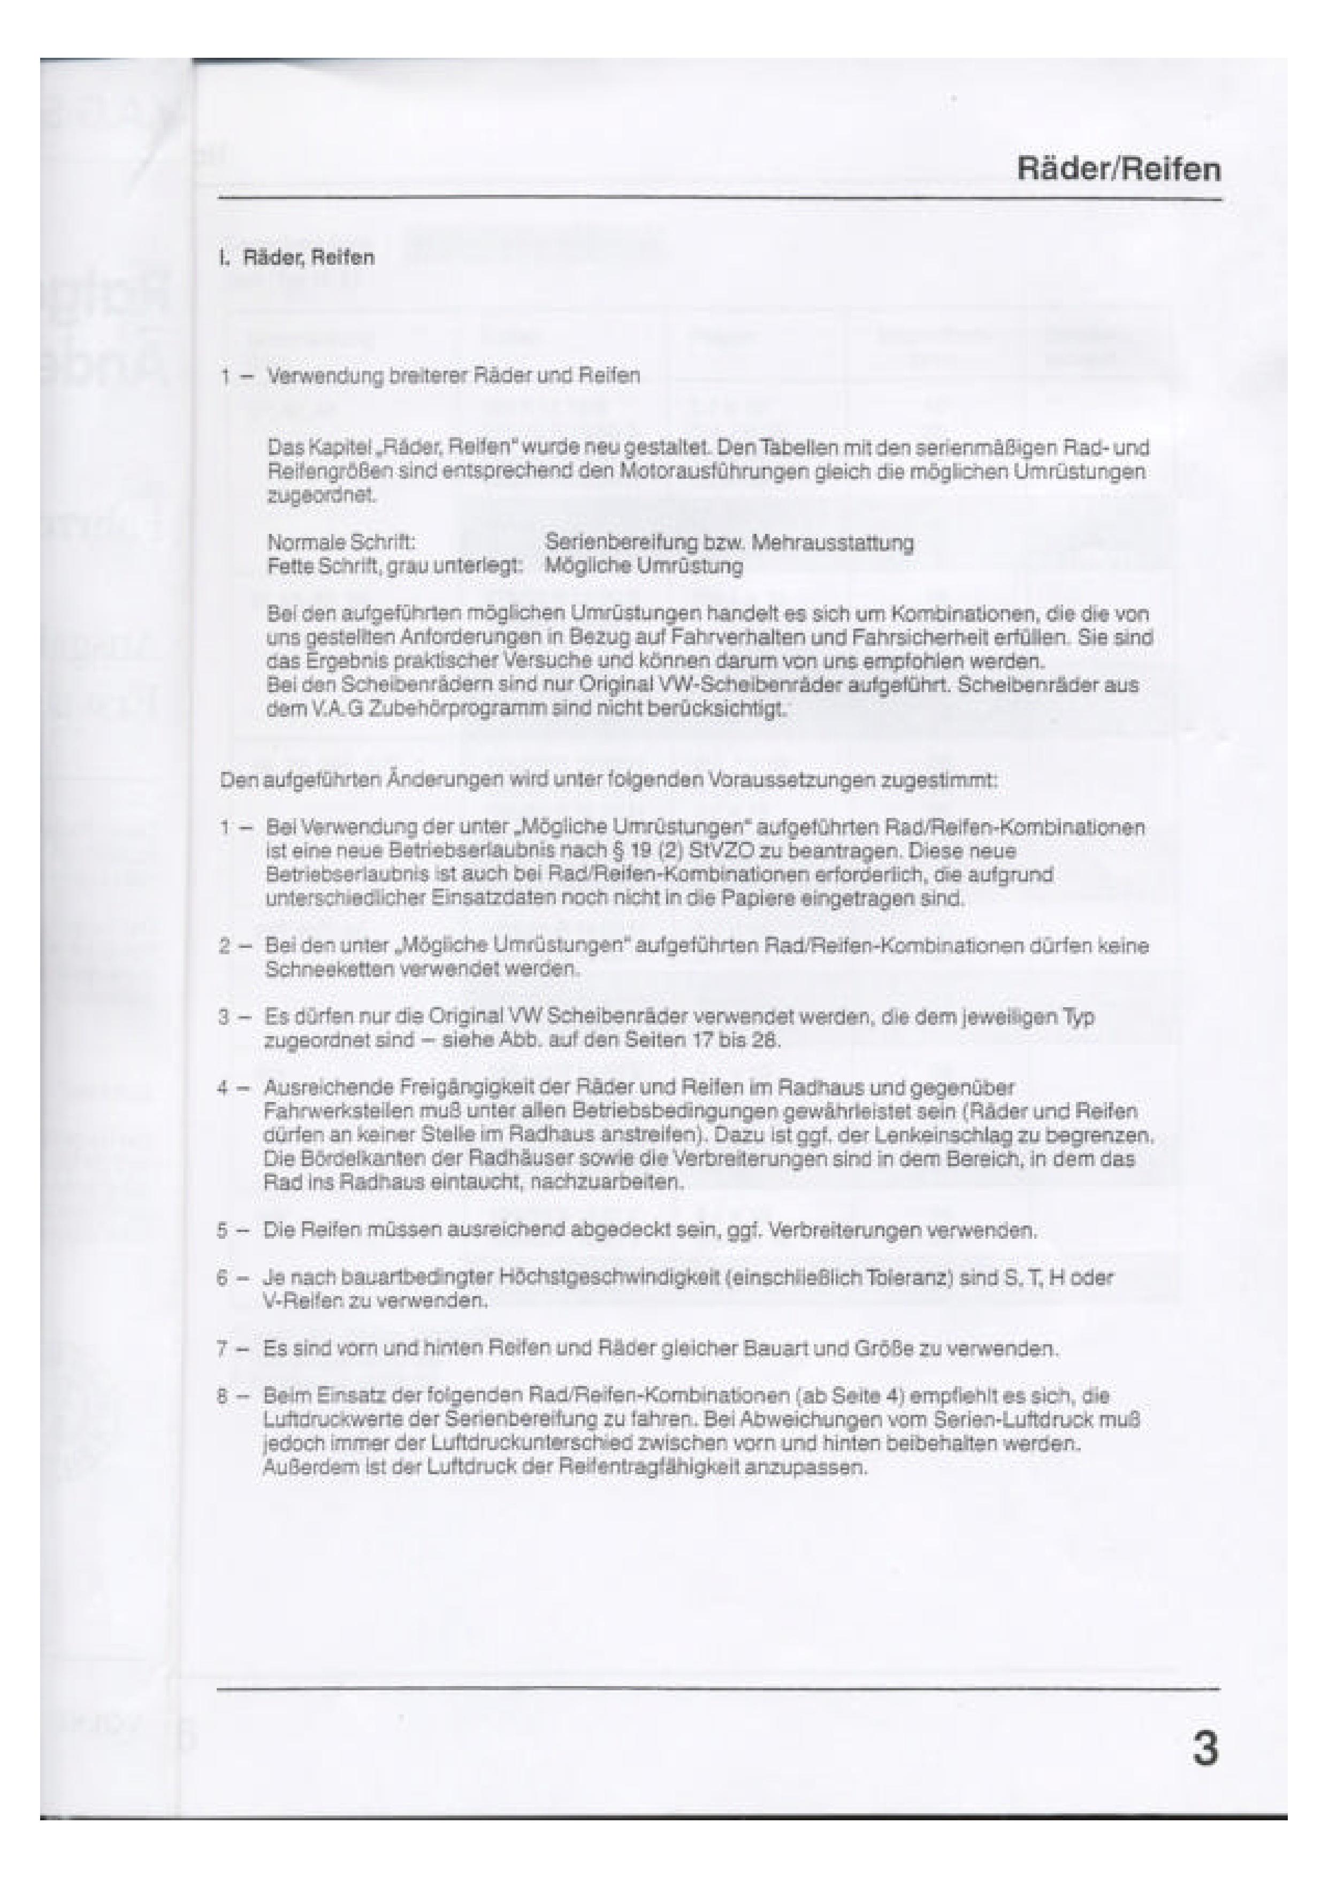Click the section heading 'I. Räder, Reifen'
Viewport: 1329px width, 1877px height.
coord(296,258)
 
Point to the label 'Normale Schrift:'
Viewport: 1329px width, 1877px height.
coord(341,542)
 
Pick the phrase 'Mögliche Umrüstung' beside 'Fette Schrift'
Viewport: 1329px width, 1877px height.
coord(644,566)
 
